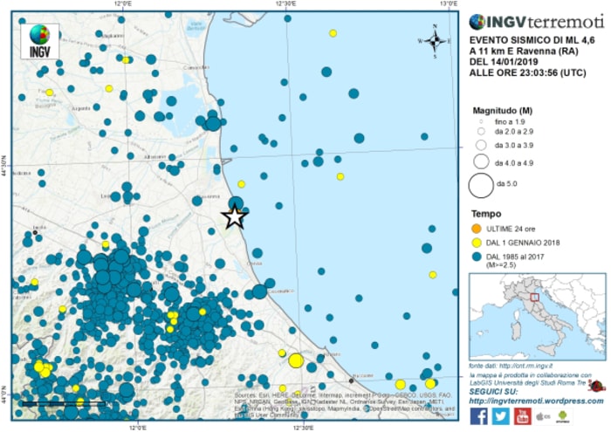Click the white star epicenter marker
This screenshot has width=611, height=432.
click(x=234, y=217)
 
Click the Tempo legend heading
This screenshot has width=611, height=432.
click(x=486, y=214)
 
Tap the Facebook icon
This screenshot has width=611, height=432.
click(x=478, y=416)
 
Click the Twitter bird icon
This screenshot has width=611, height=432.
click(x=500, y=416)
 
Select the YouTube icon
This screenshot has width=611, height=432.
click(x=522, y=416)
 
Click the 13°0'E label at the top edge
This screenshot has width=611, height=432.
click(x=448, y=5)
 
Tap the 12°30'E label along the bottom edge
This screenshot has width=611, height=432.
click(x=303, y=427)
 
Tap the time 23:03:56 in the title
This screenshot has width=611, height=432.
click(x=535, y=74)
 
